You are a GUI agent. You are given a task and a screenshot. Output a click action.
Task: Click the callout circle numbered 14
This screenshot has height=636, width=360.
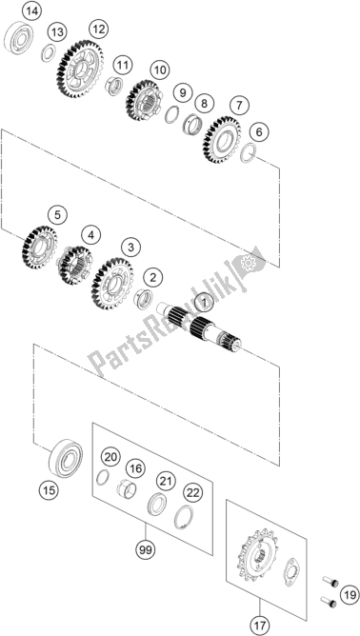31,11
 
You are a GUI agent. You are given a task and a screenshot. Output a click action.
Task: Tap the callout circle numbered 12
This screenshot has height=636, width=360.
99,30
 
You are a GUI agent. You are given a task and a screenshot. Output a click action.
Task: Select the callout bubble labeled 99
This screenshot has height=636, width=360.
146,550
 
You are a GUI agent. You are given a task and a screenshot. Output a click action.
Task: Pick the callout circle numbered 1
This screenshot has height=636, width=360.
204,303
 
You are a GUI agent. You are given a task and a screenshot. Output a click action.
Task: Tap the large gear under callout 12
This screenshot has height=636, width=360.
80,69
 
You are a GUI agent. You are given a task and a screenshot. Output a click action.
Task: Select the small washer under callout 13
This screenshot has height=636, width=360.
49,53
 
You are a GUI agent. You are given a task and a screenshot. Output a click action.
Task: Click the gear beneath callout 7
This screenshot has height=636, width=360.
222,139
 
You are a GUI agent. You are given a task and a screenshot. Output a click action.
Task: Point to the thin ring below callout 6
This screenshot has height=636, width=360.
248,153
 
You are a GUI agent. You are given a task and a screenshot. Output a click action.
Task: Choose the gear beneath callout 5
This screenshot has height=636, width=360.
40,248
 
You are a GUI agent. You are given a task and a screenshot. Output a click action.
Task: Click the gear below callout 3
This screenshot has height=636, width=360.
112,283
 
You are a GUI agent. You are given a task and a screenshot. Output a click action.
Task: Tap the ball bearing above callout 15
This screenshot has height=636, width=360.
66,458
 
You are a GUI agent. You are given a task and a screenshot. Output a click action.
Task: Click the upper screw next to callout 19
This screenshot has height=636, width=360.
330,582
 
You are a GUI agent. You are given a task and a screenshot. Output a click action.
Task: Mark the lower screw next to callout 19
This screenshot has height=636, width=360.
330,602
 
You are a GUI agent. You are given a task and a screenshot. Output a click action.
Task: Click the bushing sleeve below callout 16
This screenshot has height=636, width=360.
126,487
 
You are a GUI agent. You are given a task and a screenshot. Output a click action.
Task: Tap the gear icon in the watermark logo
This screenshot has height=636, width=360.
249,264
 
